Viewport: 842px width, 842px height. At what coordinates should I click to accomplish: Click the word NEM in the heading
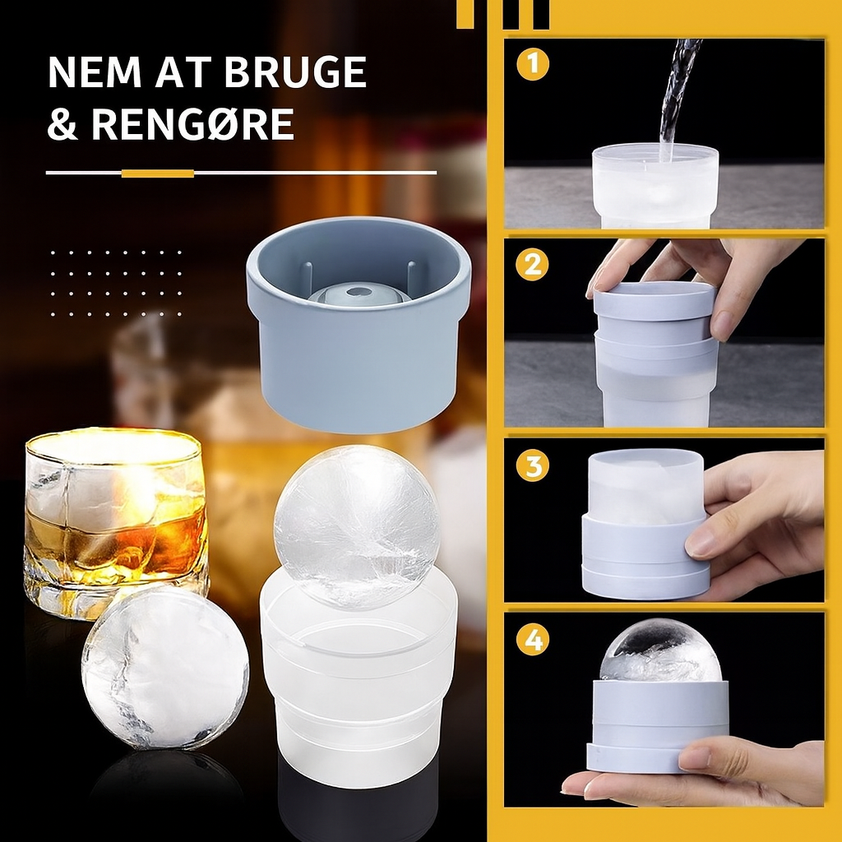[x=95, y=72]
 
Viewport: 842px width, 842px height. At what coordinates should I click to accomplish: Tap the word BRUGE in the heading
[x=295, y=72]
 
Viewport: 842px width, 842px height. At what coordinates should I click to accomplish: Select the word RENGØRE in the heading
[x=192, y=124]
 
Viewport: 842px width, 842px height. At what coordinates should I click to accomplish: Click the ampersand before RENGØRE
[x=62, y=124]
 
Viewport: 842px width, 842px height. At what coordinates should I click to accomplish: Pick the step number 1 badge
[x=533, y=64]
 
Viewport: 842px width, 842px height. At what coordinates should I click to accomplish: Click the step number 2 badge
[x=532, y=264]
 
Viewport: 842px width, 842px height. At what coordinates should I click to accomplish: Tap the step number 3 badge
[x=533, y=465]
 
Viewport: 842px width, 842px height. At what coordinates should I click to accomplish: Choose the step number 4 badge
[x=533, y=640]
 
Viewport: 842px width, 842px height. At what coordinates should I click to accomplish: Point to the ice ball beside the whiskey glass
[x=165, y=668]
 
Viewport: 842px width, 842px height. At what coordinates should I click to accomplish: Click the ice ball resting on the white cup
[x=357, y=527]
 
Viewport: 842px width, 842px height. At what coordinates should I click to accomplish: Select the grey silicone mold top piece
[x=359, y=324]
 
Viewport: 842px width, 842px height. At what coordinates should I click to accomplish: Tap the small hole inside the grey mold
[x=354, y=292]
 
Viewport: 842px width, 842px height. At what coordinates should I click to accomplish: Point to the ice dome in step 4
[x=660, y=650]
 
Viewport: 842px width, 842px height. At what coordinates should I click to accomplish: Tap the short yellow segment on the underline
[x=157, y=173]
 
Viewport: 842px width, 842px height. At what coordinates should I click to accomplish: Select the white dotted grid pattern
[x=116, y=283]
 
